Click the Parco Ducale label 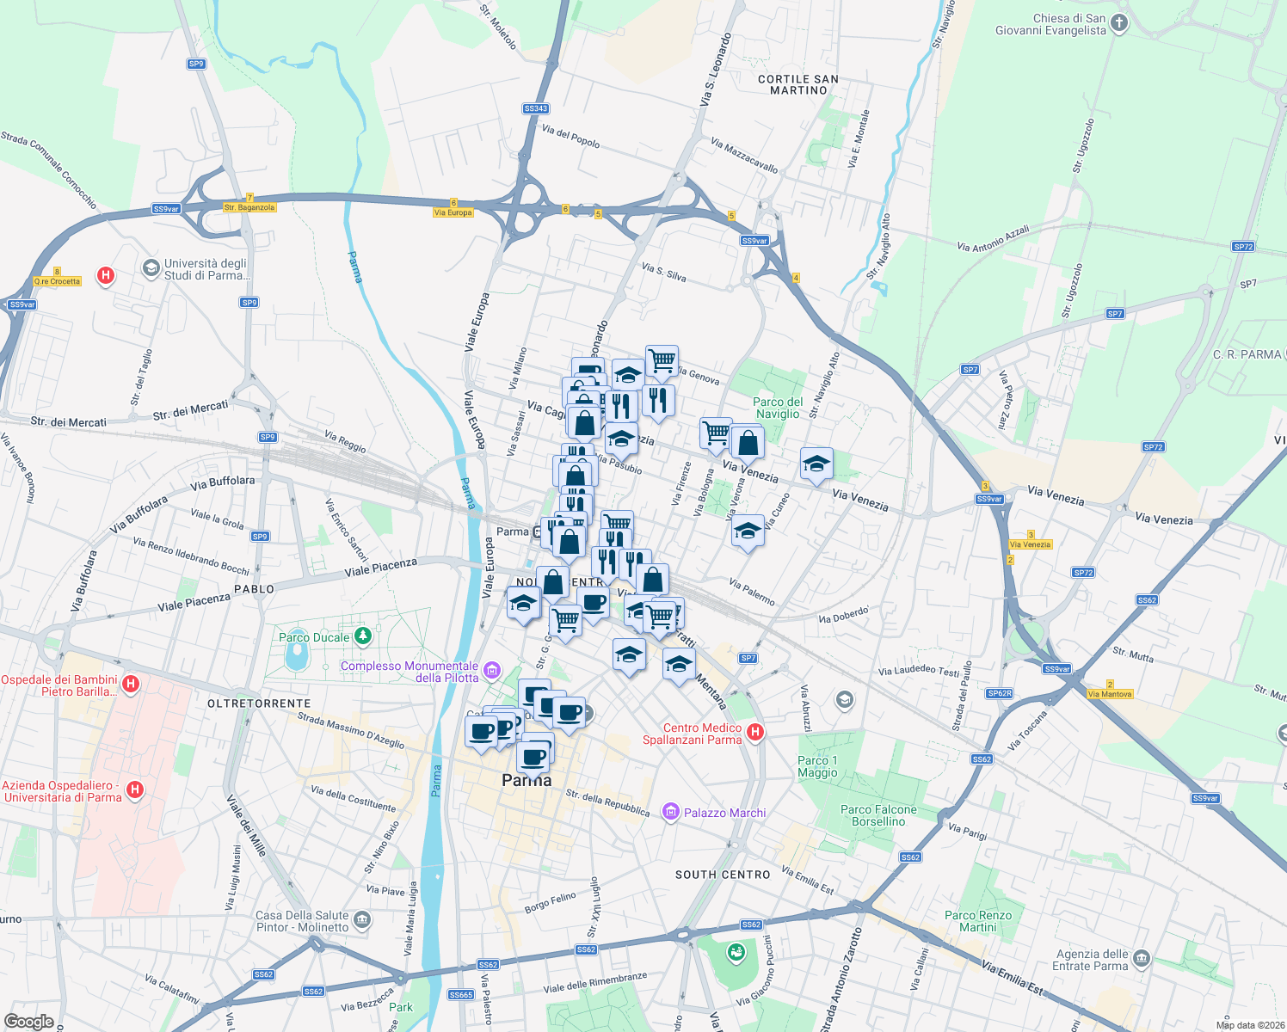click(314, 637)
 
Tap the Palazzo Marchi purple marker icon click(670, 812)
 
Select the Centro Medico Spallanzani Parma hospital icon click(755, 733)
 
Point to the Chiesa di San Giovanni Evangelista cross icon click(1119, 23)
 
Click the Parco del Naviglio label click(778, 408)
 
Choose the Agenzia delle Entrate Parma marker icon click(1142, 958)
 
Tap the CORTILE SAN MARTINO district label click(798, 84)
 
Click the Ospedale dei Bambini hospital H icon click(131, 685)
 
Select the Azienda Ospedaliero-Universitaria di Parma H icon click(134, 789)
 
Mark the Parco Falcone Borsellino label click(878, 815)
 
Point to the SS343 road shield click(535, 108)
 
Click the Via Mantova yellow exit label click(1110, 694)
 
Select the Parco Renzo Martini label click(978, 921)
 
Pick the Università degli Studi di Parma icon click(151, 268)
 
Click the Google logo click(28, 1021)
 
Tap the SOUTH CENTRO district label click(723, 875)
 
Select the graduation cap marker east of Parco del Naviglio click(816, 464)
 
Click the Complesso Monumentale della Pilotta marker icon click(492, 670)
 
